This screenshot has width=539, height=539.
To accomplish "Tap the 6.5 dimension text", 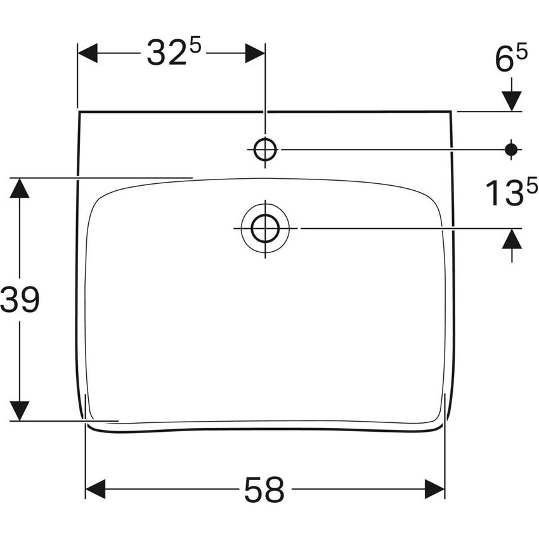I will point(510,62).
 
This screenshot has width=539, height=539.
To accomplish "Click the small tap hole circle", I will point(264,150).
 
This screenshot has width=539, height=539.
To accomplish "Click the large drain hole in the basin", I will point(264,228).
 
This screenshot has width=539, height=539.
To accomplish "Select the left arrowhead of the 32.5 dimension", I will point(88,53).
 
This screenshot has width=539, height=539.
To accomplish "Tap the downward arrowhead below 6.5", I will point(511,100).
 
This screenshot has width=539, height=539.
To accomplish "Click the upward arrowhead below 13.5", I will point(511,238).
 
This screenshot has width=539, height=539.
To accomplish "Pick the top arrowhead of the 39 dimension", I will point(20,188).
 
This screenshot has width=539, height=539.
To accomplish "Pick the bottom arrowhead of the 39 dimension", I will point(20,410).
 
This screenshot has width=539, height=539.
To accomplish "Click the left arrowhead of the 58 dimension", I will point(95,489).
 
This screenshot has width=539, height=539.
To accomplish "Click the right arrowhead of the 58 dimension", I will point(435,489).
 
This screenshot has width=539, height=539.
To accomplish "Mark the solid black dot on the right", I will point(511,150).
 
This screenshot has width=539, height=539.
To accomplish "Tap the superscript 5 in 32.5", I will point(195,46).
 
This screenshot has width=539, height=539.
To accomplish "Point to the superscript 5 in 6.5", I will point(521,55).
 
